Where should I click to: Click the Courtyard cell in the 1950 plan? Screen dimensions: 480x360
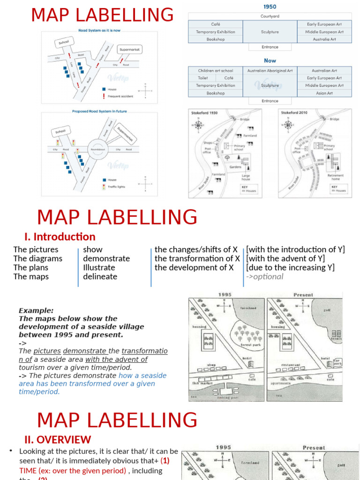click(x=270, y=16)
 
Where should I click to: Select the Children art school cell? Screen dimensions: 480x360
click(x=216, y=71)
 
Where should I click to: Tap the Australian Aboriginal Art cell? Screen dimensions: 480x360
click(x=270, y=71)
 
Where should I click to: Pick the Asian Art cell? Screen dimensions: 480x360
click(x=324, y=93)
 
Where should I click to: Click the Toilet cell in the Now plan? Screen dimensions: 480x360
click(x=202, y=78)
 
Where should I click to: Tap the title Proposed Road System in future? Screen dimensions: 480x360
click(x=99, y=112)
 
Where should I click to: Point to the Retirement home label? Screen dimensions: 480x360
click(x=336, y=177)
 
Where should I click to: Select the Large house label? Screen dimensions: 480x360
click(x=246, y=177)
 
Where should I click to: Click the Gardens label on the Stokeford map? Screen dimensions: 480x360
click(x=235, y=167)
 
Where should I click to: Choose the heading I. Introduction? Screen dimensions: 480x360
click(x=60, y=237)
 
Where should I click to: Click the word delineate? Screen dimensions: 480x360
click(x=100, y=277)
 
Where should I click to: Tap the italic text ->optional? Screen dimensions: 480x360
click(x=265, y=277)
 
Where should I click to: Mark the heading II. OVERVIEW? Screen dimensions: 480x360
click(x=58, y=440)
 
